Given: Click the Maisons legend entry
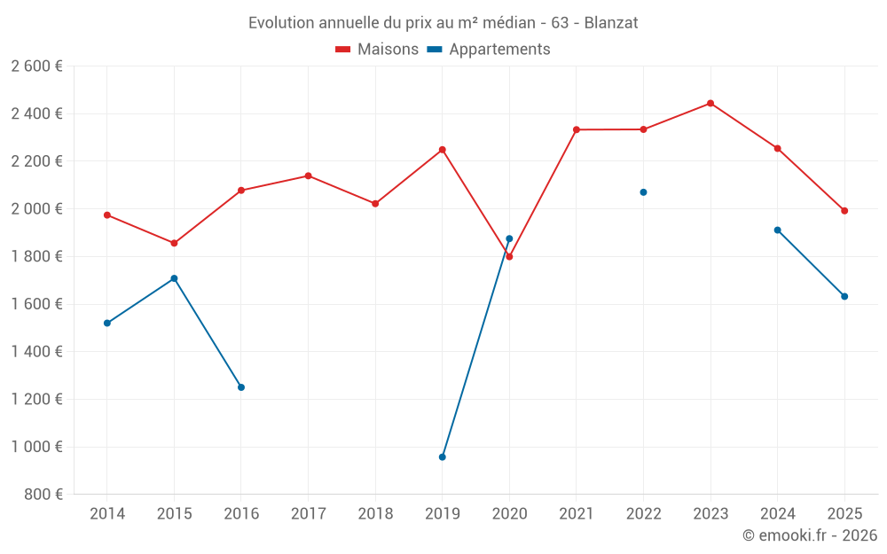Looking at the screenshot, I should click(377, 50).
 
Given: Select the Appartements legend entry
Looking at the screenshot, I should click(489, 50).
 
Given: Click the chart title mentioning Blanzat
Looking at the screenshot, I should click(443, 23).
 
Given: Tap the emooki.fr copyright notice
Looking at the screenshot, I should click(809, 535).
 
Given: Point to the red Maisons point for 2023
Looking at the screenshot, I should click(710, 104).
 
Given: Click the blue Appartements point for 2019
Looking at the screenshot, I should click(443, 457).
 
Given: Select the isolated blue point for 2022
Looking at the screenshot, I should click(643, 192).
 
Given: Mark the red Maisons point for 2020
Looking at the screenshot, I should click(509, 257).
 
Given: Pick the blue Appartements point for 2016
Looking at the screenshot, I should click(241, 387).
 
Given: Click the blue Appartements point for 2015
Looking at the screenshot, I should click(174, 278).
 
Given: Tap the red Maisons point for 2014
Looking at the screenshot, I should click(107, 215).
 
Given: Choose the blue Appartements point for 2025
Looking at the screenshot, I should click(844, 296).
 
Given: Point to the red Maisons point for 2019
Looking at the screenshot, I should click(443, 150).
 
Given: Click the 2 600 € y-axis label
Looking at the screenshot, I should click(36, 66).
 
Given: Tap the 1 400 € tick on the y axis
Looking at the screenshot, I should click(36, 352).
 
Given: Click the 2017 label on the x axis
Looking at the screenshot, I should click(308, 514).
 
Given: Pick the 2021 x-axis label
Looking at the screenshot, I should click(577, 514).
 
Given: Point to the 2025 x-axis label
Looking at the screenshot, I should click(844, 514).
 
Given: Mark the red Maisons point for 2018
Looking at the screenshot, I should click(375, 204).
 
